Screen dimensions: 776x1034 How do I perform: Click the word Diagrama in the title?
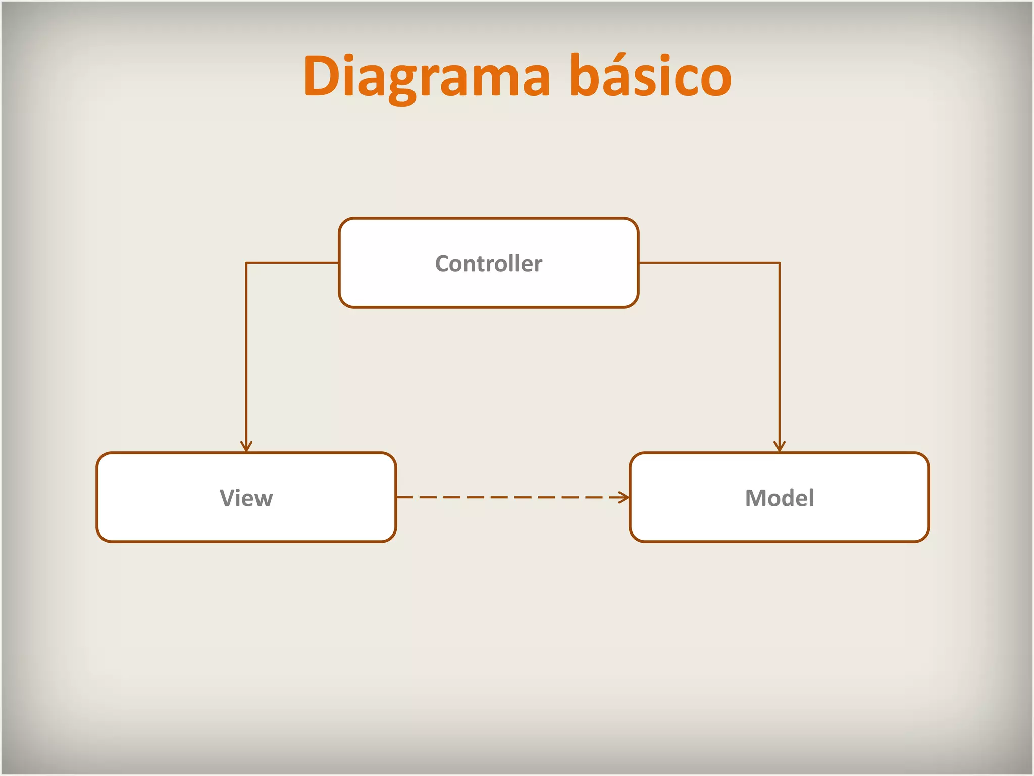[427, 77]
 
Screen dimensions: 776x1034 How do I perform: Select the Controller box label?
[489, 264]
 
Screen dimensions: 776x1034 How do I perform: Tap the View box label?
[246, 498]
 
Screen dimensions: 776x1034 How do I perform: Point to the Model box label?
[780, 498]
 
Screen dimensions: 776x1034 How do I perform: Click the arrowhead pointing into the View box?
[246, 446]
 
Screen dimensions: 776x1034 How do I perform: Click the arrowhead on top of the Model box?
[780, 446]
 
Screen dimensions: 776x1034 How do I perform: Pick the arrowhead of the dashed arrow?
[624, 498]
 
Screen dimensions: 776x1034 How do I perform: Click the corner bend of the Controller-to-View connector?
[246, 263]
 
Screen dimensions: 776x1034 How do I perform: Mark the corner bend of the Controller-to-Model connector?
[780, 263]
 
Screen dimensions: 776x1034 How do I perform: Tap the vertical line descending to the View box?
[246, 354]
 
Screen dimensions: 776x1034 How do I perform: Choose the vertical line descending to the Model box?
[780, 354]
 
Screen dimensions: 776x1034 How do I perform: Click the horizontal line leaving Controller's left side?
[293, 263]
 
